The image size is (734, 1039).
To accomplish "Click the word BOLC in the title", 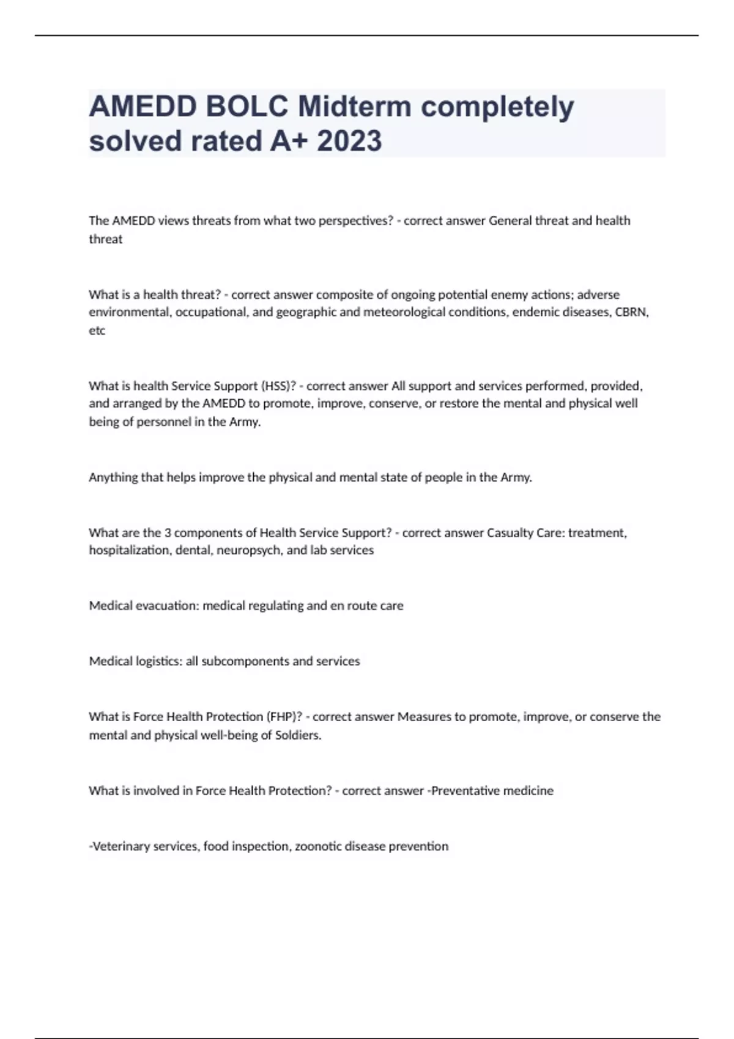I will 247,107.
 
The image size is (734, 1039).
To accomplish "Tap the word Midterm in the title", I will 354,107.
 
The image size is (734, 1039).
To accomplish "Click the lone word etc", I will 97,331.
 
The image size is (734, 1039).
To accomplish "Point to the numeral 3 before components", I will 168,533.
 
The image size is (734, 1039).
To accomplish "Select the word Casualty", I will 510,533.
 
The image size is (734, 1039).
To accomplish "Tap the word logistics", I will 158,661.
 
